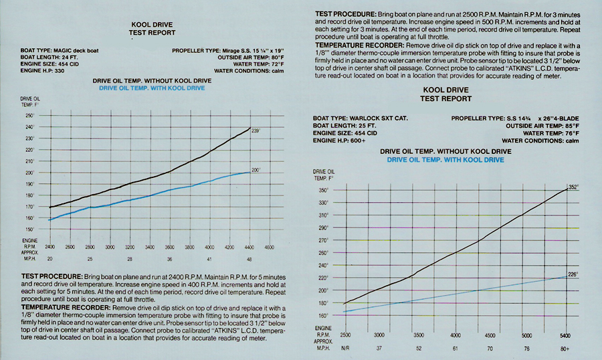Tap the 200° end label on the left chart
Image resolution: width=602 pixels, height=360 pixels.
(256, 170)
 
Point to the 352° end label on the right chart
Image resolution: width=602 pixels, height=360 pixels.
(573, 187)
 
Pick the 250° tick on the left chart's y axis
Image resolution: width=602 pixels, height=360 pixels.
(29, 116)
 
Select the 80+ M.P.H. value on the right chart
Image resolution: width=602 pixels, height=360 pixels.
(565, 347)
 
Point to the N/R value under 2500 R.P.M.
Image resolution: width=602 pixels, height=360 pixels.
(345, 347)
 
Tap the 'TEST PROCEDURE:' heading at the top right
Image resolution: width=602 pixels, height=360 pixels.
(343, 13)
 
